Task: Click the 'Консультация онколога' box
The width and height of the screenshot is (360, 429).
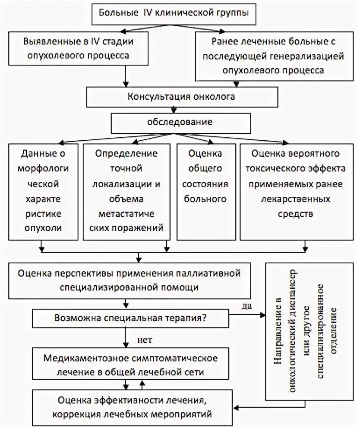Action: [x=181, y=97]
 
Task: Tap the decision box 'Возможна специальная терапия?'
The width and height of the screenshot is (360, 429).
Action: [x=129, y=319]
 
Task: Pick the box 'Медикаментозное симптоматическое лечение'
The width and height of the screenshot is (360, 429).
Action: [x=129, y=365]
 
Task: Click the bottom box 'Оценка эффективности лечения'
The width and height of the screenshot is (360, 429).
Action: [x=132, y=407]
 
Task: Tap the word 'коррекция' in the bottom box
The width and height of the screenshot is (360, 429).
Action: [x=72, y=415]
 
